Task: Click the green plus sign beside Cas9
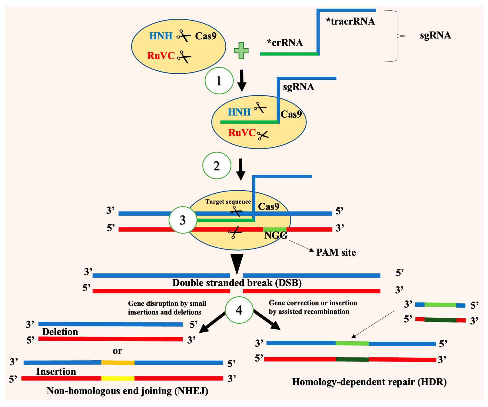pos(241,50)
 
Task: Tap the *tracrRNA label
pos(350,21)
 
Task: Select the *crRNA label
pos(285,43)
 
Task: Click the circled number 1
pos(219,81)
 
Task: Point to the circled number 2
pos(217,166)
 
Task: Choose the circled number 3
pos(183,220)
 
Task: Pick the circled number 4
pos(239,310)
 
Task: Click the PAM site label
pos(336,252)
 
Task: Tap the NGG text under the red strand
pos(276,235)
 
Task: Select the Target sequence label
pos(228,202)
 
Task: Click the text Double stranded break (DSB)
pos(237,283)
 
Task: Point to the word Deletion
pos(60,332)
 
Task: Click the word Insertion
pos(56,371)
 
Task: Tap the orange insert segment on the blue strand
pos(118,362)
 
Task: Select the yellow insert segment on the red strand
pos(118,378)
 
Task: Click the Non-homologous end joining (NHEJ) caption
pos(127,391)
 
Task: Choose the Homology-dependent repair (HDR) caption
pos(369,382)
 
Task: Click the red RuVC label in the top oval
pos(161,56)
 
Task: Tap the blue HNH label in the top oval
pos(161,36)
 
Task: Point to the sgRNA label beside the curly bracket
pos(435,35)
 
